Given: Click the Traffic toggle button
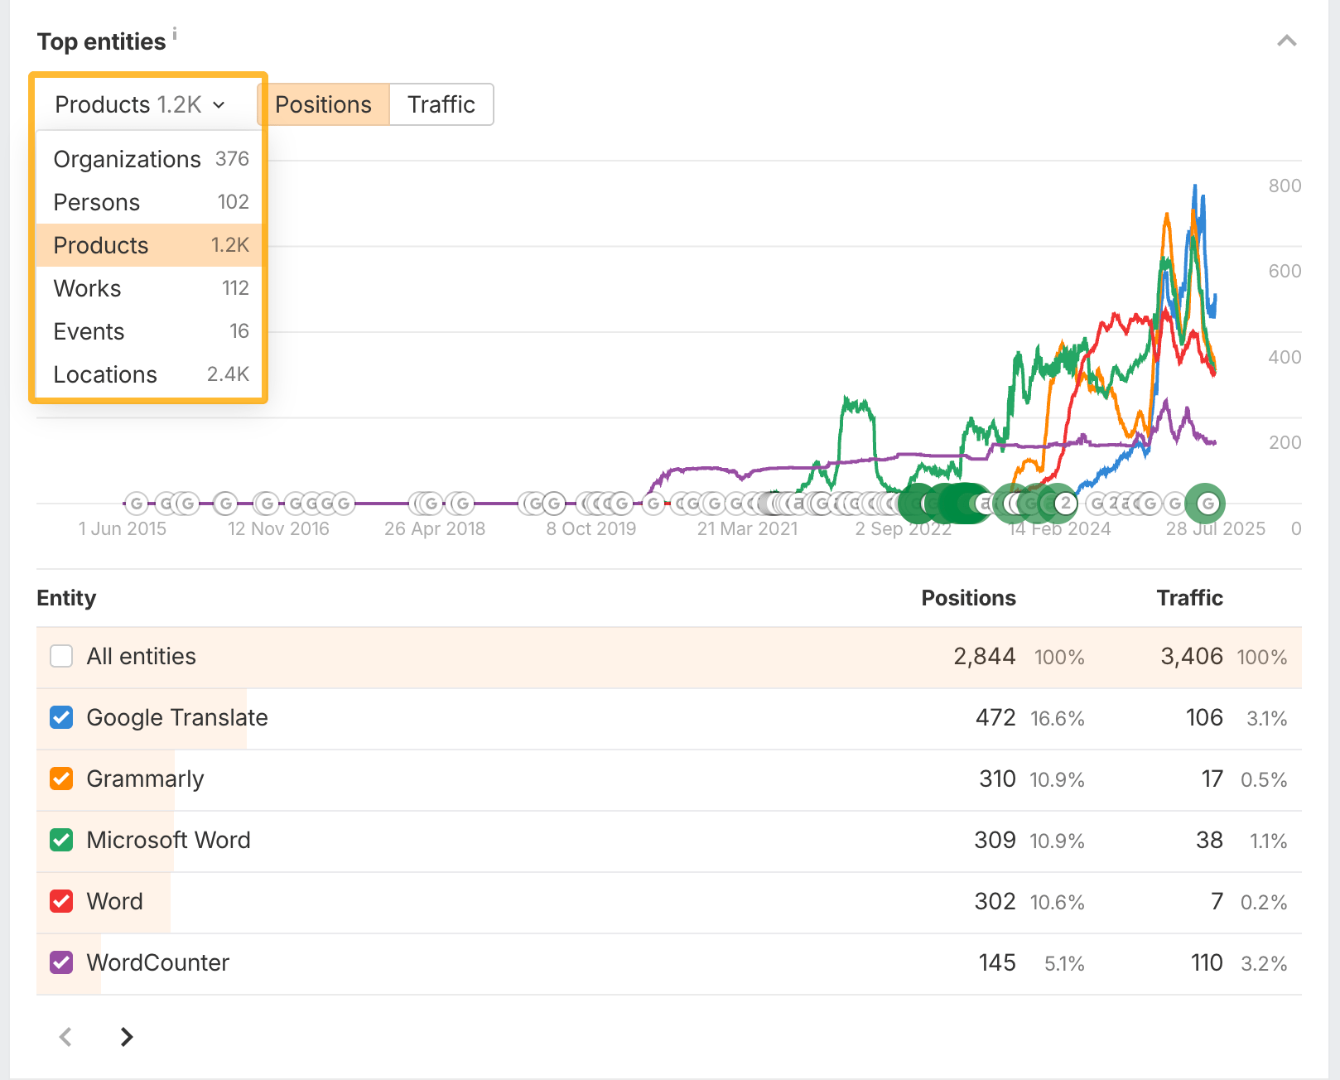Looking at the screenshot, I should (x=441, y=104).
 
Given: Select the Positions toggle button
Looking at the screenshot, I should (x=323, y=104).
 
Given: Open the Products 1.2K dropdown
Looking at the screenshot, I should (x=140, y=104).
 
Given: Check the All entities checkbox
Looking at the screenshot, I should (x=61, y=656).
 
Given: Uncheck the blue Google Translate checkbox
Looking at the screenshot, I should (x=61, y=717).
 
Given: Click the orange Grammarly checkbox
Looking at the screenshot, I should (x=61, y=779).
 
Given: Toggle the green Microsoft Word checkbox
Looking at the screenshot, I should (x=61, y=840).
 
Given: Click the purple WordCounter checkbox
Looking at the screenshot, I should (x=61, y=962).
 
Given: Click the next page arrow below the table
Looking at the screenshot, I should (x=127, y=1037).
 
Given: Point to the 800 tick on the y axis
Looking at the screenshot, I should (x=1285, y=186).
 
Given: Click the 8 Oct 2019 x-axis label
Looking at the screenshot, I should (x=590, y=528).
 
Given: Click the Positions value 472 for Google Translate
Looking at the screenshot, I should (x=995, y=717).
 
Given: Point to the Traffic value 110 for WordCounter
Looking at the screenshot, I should (x=1207, y=962).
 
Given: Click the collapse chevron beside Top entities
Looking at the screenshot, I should (x=1286, y=41).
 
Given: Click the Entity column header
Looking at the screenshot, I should (x=66, y=598).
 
